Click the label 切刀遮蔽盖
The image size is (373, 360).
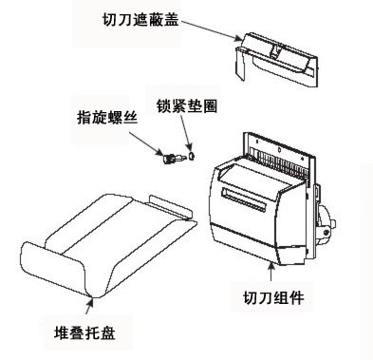point(140,19)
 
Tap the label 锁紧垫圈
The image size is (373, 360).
point(187,106)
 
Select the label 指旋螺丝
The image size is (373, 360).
point(107,118)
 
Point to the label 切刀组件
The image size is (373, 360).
point(273,297)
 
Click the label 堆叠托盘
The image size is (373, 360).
point(84,332)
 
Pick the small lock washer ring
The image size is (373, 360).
point(191,156)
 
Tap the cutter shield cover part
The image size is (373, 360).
point(276,59)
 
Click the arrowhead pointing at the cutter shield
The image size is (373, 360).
point(238,39)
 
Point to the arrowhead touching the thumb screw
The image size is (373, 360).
point(159,152)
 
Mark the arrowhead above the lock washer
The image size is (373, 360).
point(190,147)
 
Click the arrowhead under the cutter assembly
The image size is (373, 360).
point(271,265)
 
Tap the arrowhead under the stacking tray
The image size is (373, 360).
point(91,301)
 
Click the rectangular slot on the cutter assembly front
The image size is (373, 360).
point(243,199)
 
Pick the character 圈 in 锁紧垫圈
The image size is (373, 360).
point(210,106)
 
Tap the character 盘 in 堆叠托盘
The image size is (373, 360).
point(107,332)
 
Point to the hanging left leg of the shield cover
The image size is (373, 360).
point(241,64)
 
